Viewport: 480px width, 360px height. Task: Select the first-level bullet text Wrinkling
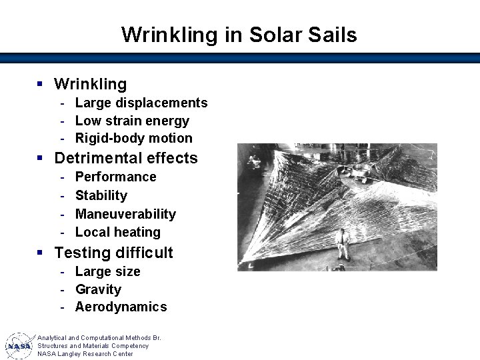90,84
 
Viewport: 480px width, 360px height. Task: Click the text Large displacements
141,103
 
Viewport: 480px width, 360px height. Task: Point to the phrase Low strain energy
132,121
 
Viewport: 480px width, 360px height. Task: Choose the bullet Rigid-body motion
133,139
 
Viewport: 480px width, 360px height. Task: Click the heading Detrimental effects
126,158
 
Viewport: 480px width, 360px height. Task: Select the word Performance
115,177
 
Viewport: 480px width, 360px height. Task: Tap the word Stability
101,195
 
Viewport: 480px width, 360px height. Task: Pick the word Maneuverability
125,214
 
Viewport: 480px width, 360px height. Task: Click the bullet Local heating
118,232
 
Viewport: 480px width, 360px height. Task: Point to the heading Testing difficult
113,253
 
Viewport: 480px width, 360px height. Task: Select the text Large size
107,271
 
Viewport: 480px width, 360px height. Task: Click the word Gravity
98,289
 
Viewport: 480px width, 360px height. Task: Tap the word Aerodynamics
121,307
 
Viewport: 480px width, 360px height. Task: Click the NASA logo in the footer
19,346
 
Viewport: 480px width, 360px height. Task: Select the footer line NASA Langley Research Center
85,354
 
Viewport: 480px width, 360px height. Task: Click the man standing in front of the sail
343,244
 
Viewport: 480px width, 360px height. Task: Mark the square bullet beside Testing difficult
40,253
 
